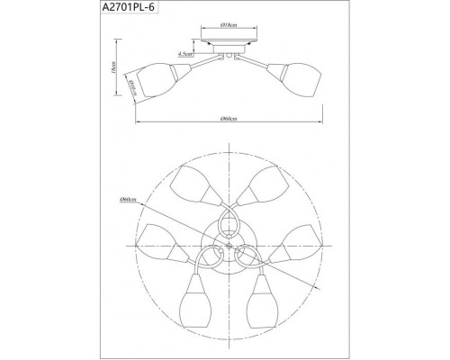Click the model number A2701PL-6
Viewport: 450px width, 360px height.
[40, 10]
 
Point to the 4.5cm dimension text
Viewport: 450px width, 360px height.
[184, 54]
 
